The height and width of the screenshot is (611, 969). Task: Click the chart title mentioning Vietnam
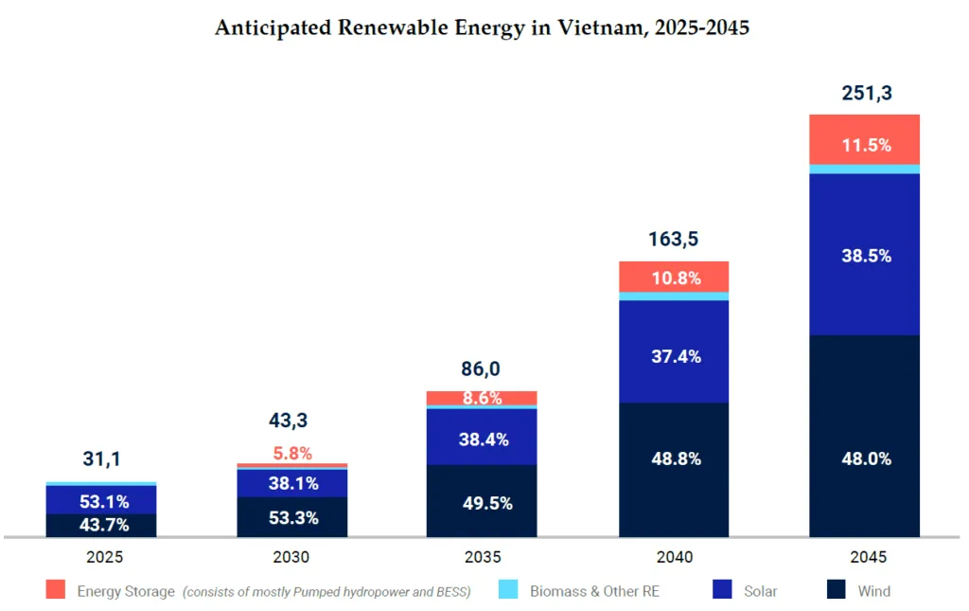click(x=482, y=28)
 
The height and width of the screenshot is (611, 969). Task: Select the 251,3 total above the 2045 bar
click(x=867, y=93)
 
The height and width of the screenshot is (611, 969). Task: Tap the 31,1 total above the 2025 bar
click(x=101, y=459)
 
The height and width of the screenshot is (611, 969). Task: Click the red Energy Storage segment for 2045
click(x=865, y=139)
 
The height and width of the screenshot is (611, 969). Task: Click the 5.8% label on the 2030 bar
click(x=292, y=453)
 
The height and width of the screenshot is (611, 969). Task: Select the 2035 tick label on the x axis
click(x=483, y=557)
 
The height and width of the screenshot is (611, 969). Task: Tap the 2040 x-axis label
click(x=674, y=557)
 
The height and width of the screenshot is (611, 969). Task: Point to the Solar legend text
click(x=760, y=591)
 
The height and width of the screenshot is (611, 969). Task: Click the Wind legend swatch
click(x=836, y=591)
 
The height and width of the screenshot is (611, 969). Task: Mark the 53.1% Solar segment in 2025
click(x=101, y=499)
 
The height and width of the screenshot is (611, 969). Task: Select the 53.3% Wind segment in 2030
click(x=292, y=517)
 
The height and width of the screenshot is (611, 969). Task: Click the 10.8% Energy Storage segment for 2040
click(x=674, y=277)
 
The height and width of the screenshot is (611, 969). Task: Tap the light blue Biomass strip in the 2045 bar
click(x=865, y=170)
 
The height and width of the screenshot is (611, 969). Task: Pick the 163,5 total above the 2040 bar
click(x=674, y=239)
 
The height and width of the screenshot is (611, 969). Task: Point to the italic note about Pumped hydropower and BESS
click(x=326, y=591)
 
